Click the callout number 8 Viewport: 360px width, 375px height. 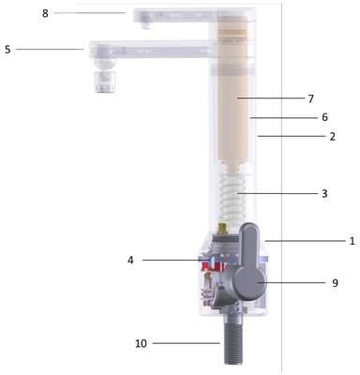pyautogui.click(x=46, y=13)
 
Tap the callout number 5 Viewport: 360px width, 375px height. pyautogui.click(x=7, y=50)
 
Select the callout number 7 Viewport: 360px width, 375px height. pyautogui.click(x=310, y=98)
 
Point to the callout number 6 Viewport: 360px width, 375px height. pyautogui.click(x=324, y=117)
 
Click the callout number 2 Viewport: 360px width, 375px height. pyautogui.click(x=332, y=136)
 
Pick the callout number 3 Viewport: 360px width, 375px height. pyautogui.click(x=324, y=194)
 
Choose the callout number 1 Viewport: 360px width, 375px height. pyautogui.click(x=352, y=241)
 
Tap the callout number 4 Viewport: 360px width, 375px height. pyautogui.click(x=130, y=260)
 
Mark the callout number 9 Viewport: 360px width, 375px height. pyautogui.click(x=335, y=283)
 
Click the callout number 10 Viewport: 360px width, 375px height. pyautogui.click(x=141, y=343)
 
